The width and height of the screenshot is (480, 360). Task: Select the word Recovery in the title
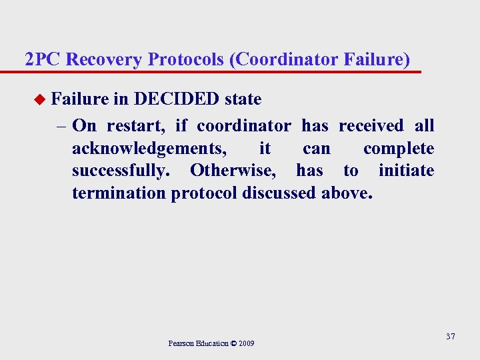click(x=105, y=59)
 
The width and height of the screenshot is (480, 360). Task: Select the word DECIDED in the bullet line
click(x=177, y=99)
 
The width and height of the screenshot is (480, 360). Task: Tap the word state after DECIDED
click(x=243, y=99)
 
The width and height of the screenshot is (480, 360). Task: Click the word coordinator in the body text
click(x=243, y=125)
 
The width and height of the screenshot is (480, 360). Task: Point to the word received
click(x=371, y=125)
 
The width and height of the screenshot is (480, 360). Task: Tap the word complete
click(x=399, y=148)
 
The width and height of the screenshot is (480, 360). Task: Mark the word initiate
click(x=406, y=171)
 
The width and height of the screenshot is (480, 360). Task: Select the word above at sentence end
click(x=347, y=193)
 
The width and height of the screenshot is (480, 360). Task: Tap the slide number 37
click(x=451, y=336)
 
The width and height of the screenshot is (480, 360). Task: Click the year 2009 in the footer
click(x=245, y=343)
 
